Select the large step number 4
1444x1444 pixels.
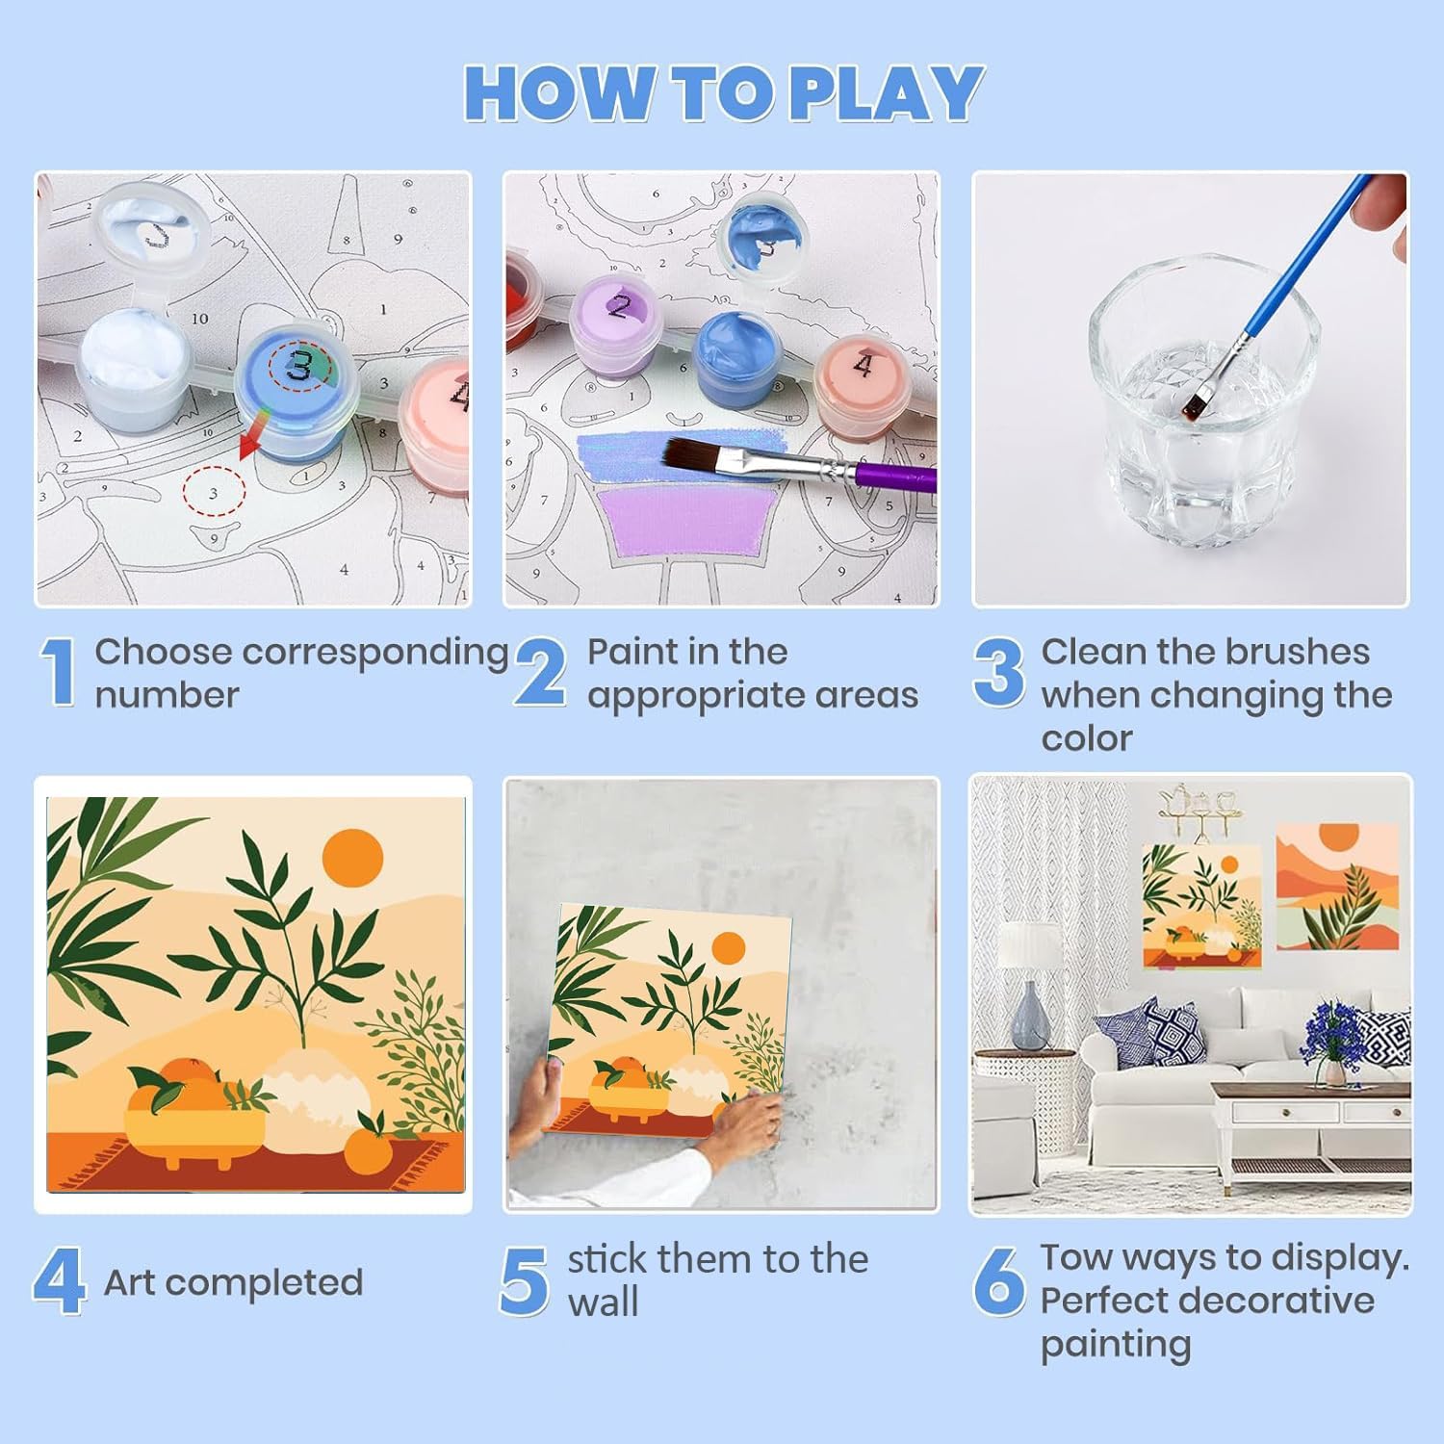58,1280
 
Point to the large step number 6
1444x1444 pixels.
998,1280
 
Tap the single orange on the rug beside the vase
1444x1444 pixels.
369,1148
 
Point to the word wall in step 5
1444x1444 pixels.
603,1302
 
